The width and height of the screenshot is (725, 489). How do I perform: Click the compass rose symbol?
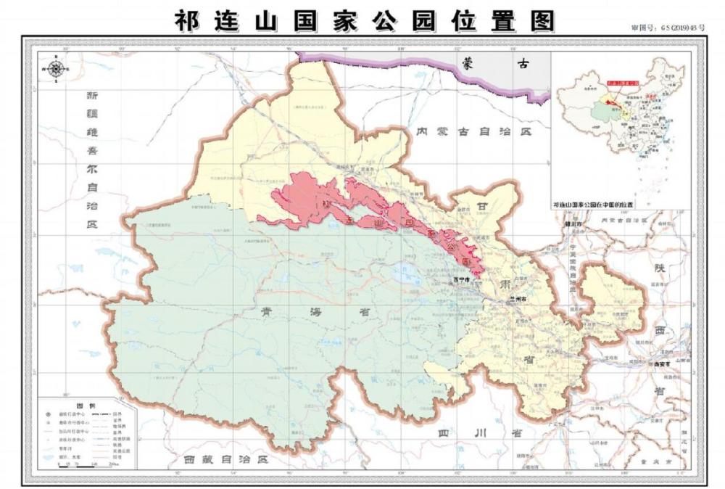coord(56,70)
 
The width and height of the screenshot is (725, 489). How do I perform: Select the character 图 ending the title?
coord(541,20)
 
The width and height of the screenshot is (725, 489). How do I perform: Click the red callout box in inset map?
coord(624,84)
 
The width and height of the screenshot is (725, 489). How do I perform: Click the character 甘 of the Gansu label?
coord(484,207)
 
